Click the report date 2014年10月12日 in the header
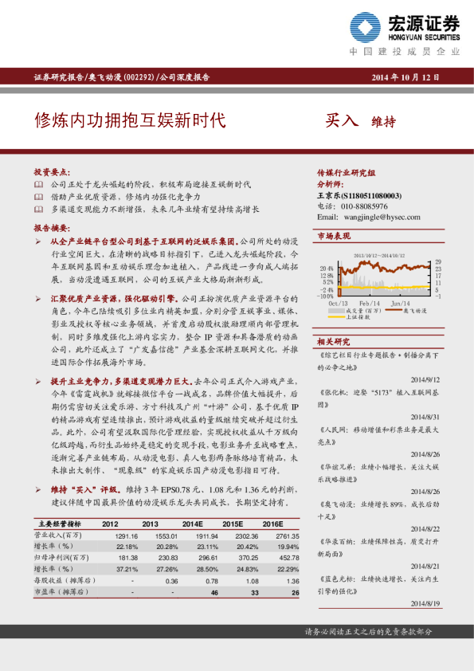coord(405,77)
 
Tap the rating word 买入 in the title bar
coord(342,120)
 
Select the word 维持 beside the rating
coord(384,122)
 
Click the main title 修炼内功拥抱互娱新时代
coord(129,120)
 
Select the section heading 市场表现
coord(334,237)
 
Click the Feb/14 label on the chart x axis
coord(368,303)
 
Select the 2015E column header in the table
coord(232,524)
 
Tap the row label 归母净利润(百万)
coord(61,559)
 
